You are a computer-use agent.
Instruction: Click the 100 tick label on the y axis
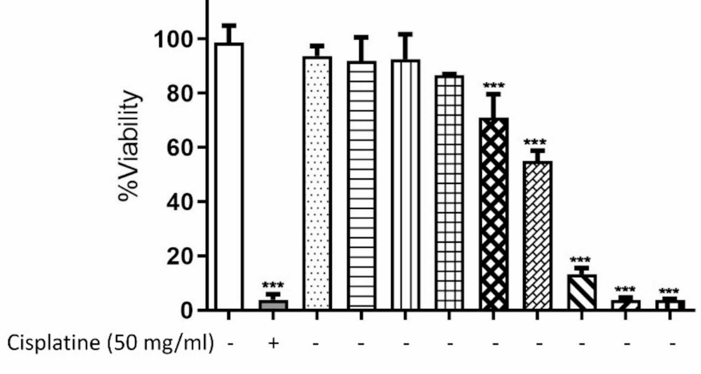[x=173, y=39]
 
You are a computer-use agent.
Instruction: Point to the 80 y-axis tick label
[x=179, y=94]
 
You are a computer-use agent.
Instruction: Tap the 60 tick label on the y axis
[x=179, y=148]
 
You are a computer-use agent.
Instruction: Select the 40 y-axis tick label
[x=179, y=202]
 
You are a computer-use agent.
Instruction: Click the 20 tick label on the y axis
[x=179, y=256]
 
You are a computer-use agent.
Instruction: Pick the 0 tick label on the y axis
[x=186, y=311]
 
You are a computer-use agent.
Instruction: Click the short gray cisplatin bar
[x=273, y=305]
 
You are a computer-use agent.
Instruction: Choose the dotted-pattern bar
[x=317, y=183]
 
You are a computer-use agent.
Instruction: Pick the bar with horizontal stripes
[x=361, y=185]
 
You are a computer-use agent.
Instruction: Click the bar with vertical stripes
[x=405, y=184]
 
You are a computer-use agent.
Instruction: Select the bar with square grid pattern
[x=449, y=192]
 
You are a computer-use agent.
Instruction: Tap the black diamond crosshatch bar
[x=493, y=214]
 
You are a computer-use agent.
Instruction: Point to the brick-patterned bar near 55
[x=537, y=235]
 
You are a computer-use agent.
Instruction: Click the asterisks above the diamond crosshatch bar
[x=494, y=86]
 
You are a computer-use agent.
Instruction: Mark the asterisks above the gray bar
[x=273, y=285]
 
